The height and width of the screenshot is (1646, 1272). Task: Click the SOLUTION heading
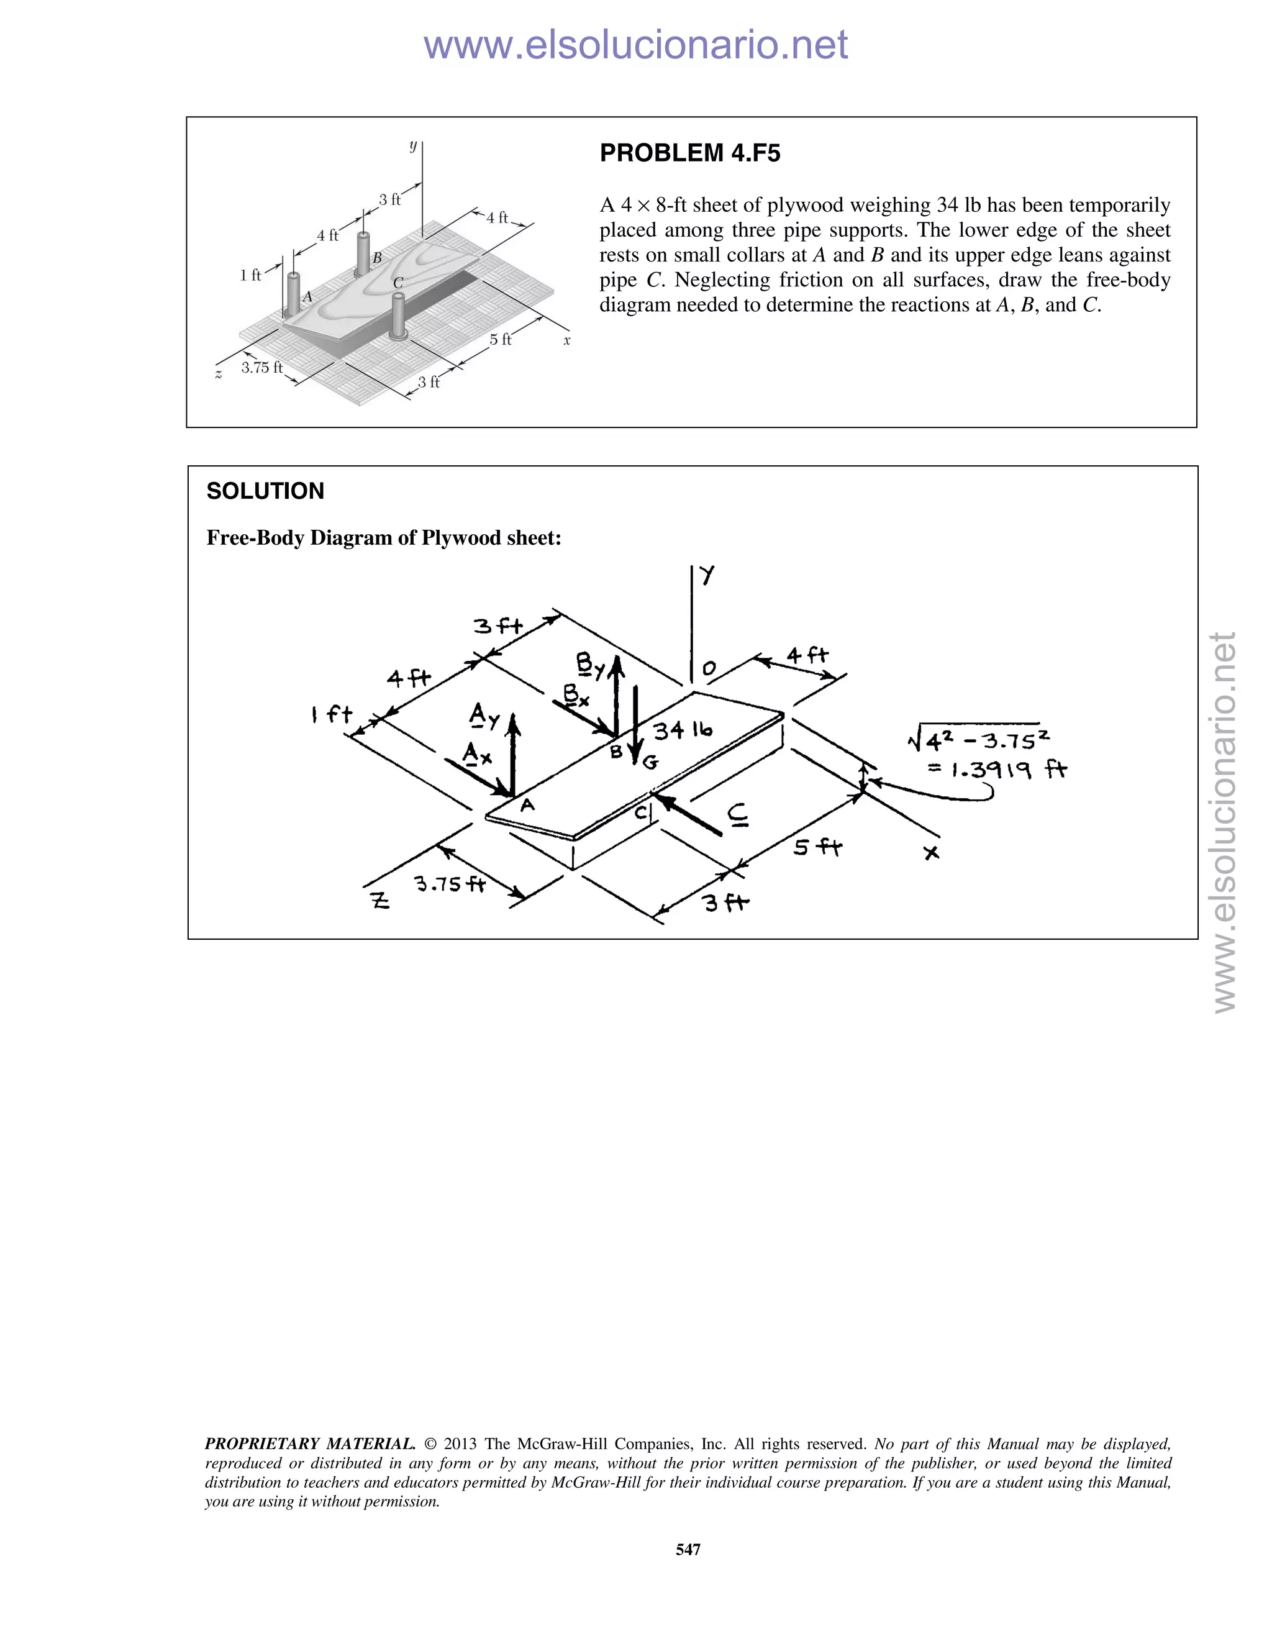click(x=265, y=491)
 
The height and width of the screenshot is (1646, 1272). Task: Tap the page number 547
click(x=688, y=1548)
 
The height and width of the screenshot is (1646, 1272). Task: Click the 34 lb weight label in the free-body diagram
click(x=682, y=730)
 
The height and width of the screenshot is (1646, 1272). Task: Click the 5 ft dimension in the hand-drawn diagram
click(x=817, y=848)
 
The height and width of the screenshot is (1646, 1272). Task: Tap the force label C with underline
click(x=738, y=815)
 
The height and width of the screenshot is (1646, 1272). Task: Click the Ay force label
click(x=484, y=715)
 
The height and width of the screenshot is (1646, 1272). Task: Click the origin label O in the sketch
click(x=709, y=668)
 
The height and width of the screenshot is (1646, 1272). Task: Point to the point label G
click(x=650, y=763)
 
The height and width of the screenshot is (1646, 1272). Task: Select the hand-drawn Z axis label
click(x=381, y=900)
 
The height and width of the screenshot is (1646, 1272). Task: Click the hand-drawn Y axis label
click(x=707, y=576)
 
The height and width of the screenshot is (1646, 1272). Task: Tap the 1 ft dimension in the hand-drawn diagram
click(x=332, y=714)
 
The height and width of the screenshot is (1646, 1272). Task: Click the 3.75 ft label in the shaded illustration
click(x=261, y=368)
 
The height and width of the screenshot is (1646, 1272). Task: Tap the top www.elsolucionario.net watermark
click(x=635, y=45)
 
